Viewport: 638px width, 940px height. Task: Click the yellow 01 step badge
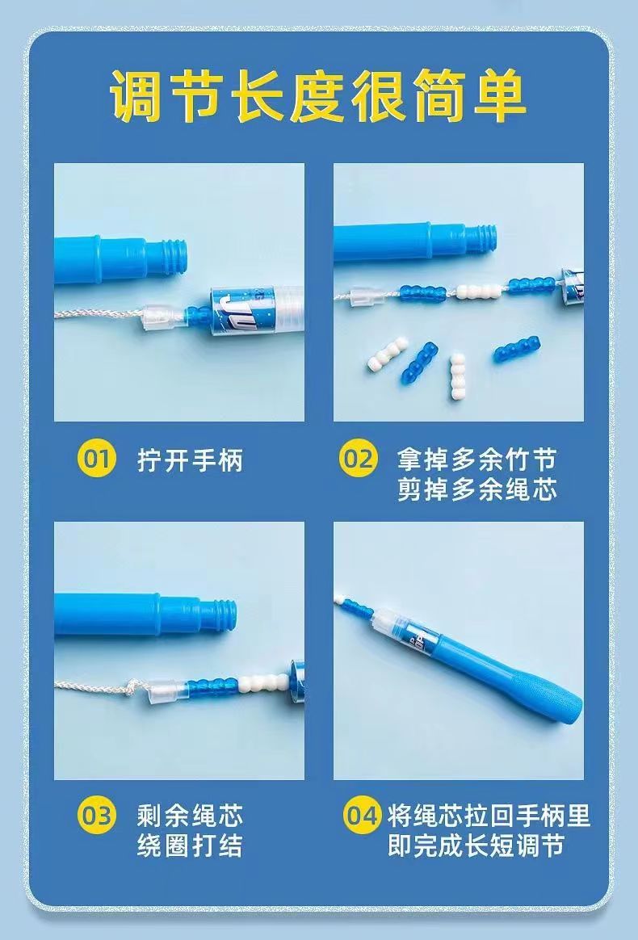coord(97,460)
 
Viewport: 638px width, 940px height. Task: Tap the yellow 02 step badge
coord(359,460)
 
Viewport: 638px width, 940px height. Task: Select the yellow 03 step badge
coord(97,816)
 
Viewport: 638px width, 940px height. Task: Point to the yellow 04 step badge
coord(362,816)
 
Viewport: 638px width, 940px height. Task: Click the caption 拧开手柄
coord(190,460)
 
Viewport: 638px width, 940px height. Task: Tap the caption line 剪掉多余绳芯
coord(477,489)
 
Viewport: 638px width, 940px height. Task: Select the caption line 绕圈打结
coord(190,846)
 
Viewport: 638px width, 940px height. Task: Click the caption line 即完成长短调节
coord(476,846)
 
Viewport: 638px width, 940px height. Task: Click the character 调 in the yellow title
coord(137,96)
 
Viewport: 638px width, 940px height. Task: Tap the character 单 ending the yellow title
coord(499,96)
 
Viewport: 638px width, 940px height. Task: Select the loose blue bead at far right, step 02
coord(517,349)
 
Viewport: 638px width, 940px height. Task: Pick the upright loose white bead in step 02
coord(458,376)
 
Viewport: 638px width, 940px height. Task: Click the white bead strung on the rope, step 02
coord(480,292)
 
